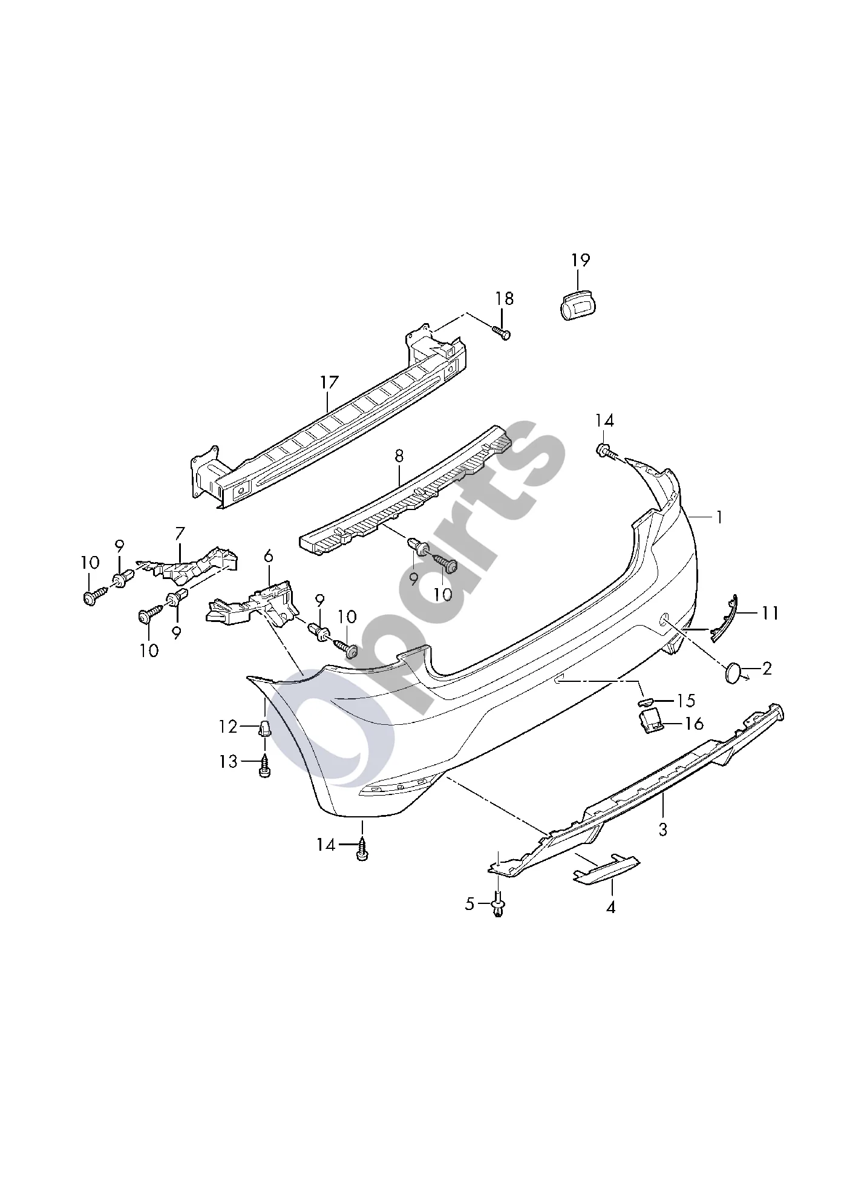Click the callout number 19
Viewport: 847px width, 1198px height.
click(x=580, y=260)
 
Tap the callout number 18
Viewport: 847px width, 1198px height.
click(x=505, y=298)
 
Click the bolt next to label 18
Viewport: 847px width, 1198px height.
click(x=502, y=332)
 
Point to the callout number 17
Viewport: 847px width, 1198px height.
click(x=330, y=382)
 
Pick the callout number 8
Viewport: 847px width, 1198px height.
click(x=399, y=456)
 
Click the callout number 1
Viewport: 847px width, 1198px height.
click(x=719, y=517)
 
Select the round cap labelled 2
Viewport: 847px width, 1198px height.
click(x=733, y=672)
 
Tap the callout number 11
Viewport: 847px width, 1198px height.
click(x=770, y=613)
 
